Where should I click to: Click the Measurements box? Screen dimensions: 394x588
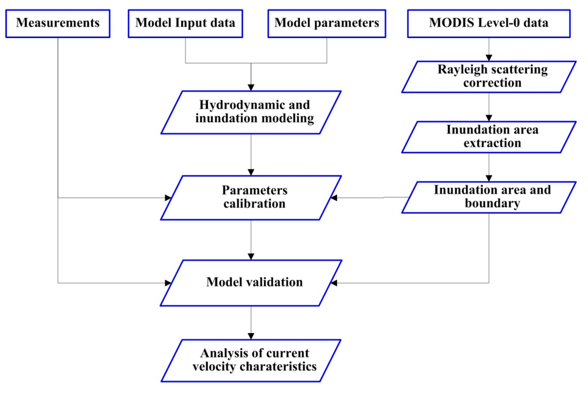tap(58, 24)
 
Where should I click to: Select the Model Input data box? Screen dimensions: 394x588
tap(185, 24)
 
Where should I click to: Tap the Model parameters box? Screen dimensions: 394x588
tap(327, 24)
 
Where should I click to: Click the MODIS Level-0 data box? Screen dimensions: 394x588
tap(489, 24)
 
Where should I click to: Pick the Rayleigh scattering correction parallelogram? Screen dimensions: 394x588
tap(489, 77)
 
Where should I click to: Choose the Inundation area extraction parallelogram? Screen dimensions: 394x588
tap(489, 136)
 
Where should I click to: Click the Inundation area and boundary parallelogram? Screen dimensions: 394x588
tap(489, 196)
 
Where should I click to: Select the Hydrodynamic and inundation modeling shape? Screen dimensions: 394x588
tap(251, 112)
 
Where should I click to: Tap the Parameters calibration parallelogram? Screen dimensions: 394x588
tap(251, 197)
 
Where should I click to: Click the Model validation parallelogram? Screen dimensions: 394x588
tap(251, 283)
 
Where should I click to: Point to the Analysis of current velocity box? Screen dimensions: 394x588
tap(251, 360)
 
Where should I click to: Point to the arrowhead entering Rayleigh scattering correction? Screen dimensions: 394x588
tap(489, 58)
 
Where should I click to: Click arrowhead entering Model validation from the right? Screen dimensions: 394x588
tap(334, 283)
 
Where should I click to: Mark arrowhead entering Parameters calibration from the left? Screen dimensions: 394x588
tap(168, 197)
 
